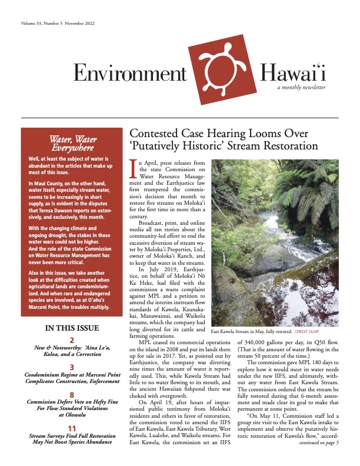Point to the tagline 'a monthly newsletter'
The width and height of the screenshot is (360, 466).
click(x=302, y=88)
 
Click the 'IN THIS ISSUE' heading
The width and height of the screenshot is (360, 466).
click(x=72, y=328)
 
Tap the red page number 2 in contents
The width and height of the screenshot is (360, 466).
click(x=72, y=340)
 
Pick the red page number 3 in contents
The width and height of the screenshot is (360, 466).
click(x=72, y=365)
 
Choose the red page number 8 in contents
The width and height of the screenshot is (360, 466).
click(x=72, y=395)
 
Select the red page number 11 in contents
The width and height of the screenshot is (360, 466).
click(x=72, y=428)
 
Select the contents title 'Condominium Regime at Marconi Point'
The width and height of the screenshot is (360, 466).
click(x=72, y=374)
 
